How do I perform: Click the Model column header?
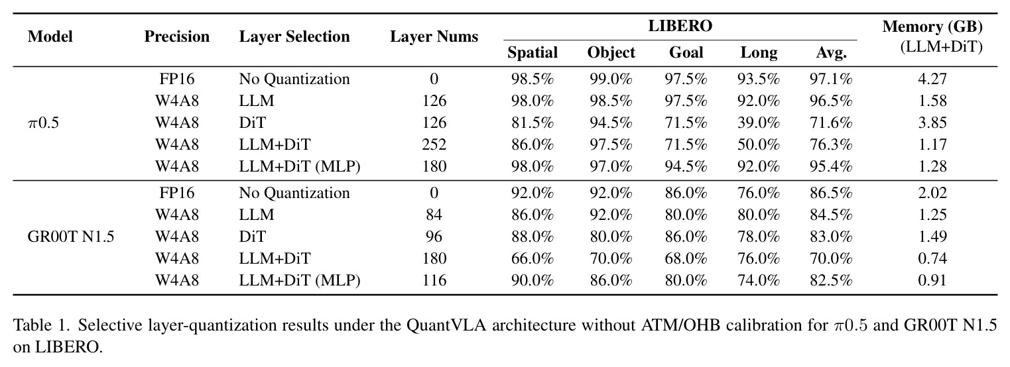pyautogui.click(x=50, y=36)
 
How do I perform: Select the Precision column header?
pyautogui.click(x=177, y=36)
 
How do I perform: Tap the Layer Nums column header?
pyautogui.click(x=434, y=36)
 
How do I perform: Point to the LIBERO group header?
pyautogui.click(x=680, y=26)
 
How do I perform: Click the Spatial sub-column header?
pyautogui.click(x=533, y=53)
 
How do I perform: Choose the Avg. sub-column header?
pyautogui.click(x=831, y=53)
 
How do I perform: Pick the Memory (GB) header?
pyautogui.click(x=932, y=27)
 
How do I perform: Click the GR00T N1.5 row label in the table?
pyautogui.click(x=71, y=237)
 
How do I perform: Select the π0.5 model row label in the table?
pyautogui.click(x=43, y=123)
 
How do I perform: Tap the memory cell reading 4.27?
pyautogui.click(x=932, y=79)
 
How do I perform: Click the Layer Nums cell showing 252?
pyautogui.click(x=434, y=144)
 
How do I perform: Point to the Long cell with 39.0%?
pyautogui.click(x=759, y=123)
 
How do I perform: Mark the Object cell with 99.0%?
pyautogui.click(x=611, y=79)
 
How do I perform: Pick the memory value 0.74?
pyautogui.click(x=932, y=258)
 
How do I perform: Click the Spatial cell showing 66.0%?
pyautogui.click(x=533, y=258)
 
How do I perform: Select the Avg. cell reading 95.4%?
pyautogui.click(x=831, y=167)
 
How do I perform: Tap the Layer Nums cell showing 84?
pyautogui.click(x=434, y=215)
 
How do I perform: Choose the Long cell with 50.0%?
pyautogui.click(x=759, y=144)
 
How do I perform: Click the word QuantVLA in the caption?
pyautogui.click(x=446, y=325)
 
